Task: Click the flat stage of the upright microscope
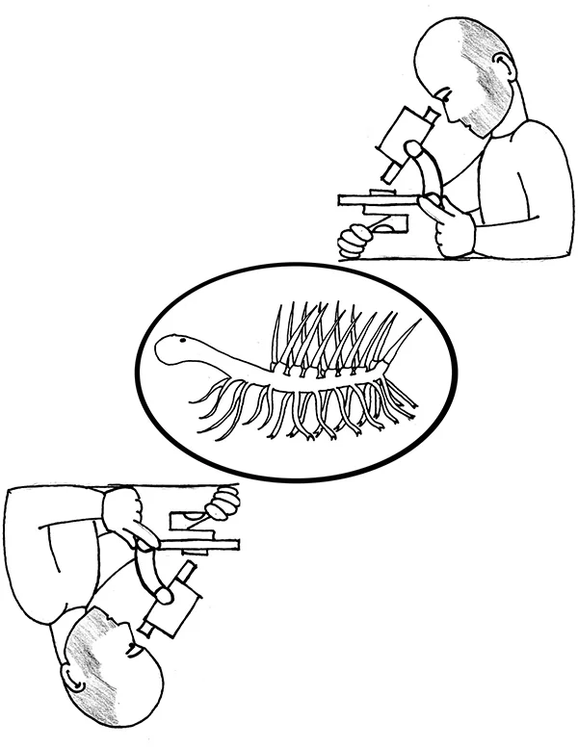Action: [376, 200]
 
